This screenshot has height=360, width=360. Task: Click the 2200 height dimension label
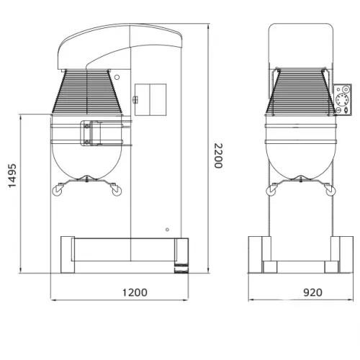point(218,156)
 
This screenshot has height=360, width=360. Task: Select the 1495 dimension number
point(12,176)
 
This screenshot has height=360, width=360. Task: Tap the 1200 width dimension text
point(135,292)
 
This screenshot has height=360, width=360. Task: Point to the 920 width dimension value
point(312,292)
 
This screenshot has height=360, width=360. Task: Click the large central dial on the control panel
point(341,99)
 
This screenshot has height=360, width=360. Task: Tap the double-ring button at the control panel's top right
point(346,89)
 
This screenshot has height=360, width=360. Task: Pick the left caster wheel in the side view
point(57,191)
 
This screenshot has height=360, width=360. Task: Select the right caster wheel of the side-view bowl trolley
point(117,191)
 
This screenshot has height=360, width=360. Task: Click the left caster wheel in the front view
point(271,191)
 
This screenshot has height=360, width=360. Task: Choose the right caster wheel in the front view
point(330,191)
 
